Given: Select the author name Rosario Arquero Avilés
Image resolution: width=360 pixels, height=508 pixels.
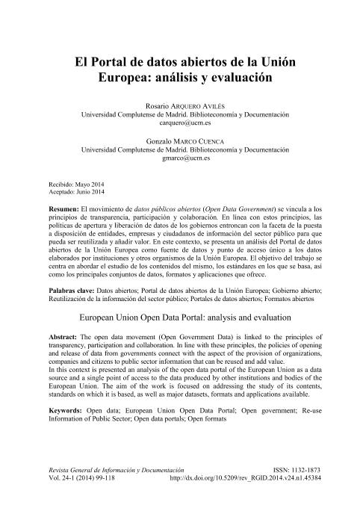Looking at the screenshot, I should pyautogui.click(x=179, y=108).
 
